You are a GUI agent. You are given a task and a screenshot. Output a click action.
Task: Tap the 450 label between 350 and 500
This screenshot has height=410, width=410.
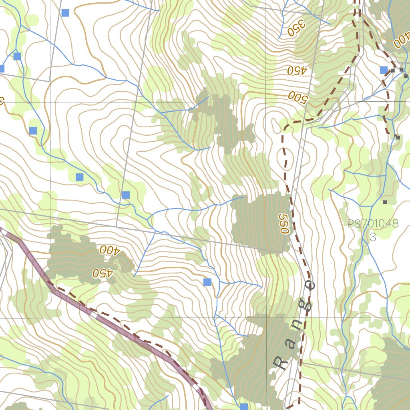click(x=296, y=71)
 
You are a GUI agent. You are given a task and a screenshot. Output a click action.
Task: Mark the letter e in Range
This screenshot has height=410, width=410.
click(x=311, y=285)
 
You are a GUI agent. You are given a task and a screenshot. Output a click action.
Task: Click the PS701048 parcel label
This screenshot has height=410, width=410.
click(x=373, y=224)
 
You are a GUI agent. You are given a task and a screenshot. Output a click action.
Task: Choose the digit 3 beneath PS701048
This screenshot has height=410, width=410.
click(x=373, y=237)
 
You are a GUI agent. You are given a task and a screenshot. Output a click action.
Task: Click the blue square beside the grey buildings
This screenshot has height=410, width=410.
click(x=384, y=70)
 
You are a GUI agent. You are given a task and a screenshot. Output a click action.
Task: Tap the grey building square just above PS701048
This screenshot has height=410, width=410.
click(x=385, y=202)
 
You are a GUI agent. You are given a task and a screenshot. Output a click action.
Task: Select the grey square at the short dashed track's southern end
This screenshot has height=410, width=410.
click(x=398, y=137)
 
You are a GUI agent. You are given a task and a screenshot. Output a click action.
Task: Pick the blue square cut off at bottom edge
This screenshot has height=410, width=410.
click(x=244, y=407)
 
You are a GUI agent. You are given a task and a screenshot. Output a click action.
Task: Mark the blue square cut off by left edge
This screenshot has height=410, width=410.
click(x=2, y=68)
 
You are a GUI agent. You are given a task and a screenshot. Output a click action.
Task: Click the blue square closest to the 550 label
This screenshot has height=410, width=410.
click(x=207, y=282)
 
